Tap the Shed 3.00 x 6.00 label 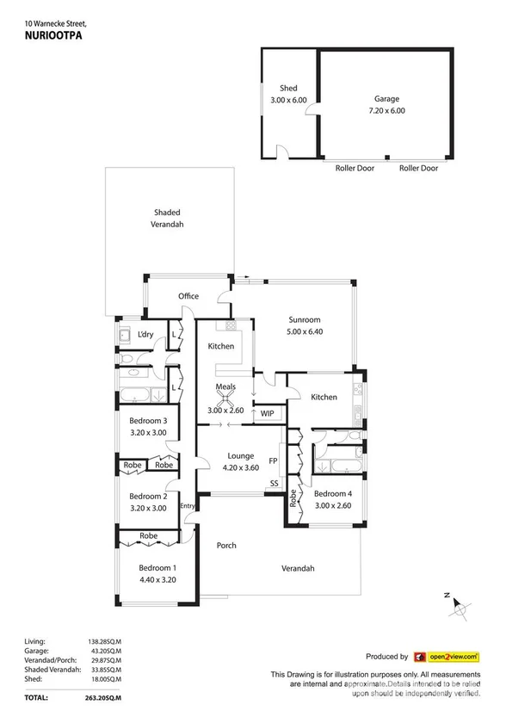pos(287,94)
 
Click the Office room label pos(188,296)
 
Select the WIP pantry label pos(267,412)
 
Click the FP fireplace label pos(274,460)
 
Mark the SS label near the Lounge pos(275,484)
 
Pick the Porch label pos(226,546)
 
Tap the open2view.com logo pos(446,656)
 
